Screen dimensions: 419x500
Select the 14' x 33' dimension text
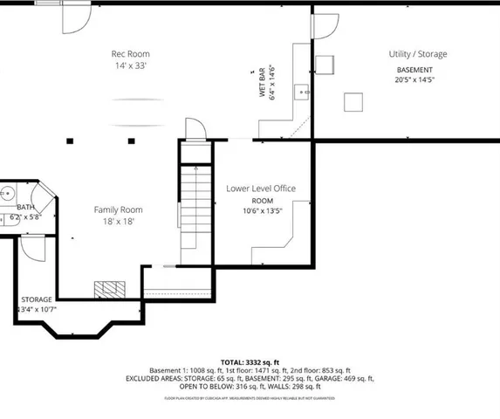[130, 66]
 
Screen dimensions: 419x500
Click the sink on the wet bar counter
[301, 90]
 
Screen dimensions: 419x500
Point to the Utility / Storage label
[417, 54]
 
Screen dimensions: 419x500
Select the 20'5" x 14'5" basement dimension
[414, 80]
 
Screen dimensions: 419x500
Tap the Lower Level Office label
[261, 189]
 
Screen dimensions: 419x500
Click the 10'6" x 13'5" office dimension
[263, 210]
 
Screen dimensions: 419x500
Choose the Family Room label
[119, 209]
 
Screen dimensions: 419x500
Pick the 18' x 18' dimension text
[119, 222]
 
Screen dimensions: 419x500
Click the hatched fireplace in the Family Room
[112, 289]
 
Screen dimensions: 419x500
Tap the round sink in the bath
[6, 194]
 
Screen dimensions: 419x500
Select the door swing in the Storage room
[32, 250]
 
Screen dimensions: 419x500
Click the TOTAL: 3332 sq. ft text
[250, 361]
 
